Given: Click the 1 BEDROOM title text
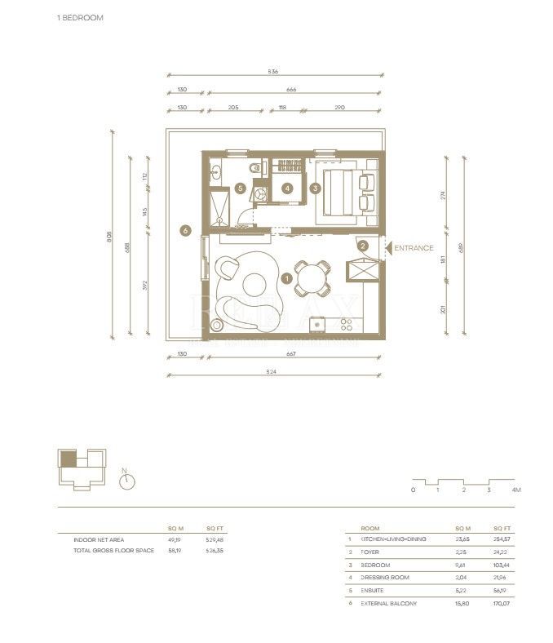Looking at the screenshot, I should click(x=80, y=17).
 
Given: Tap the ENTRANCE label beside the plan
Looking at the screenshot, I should click(x=414, y=248).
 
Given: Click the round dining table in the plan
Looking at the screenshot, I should click(x=312, y=278).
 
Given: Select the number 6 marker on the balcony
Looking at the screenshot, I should click(x=186, y=232).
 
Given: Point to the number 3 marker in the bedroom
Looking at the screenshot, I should click(x=316, y=188).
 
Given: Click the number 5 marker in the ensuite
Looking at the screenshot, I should click(x=240, y=188).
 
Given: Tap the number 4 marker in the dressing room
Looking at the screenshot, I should click(x=287, y=188).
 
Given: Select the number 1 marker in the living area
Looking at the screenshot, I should click(x=285, y=278).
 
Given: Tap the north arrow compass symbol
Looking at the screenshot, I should click(x=126, y=481).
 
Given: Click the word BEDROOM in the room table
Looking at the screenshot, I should click(x=376, y=565).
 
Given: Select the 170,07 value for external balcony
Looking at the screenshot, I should click(x=502, y=603).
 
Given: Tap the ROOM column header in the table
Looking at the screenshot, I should click(x=369, y=528).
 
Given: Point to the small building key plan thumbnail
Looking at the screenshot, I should click(x=82, y=468).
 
